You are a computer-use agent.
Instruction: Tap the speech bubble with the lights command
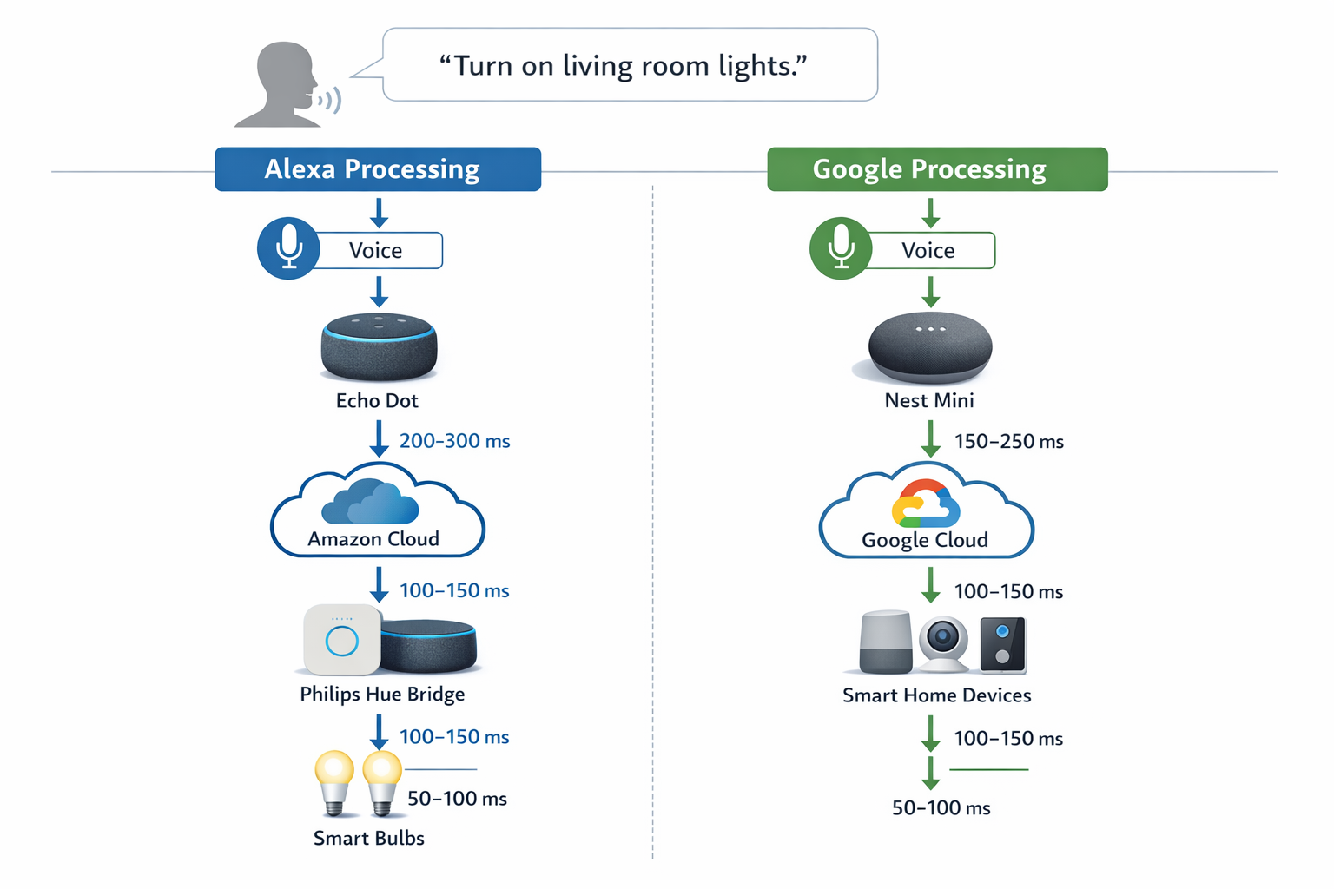[630, 65]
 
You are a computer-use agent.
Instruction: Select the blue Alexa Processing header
[378, 169]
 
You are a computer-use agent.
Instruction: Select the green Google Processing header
[936, 169]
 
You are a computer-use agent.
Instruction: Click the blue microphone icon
[288, 248]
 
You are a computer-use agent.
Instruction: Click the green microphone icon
[840, 248]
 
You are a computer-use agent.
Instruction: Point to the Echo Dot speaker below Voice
[379, 347]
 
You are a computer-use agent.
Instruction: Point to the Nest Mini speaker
[929, 347]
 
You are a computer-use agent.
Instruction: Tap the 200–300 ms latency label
[454, 441]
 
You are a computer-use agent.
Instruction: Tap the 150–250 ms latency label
[1008, 441]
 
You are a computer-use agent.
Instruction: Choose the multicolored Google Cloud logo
[925, 504]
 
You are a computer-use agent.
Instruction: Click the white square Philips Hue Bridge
[341, 641]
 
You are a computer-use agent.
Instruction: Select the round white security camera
[943, 643]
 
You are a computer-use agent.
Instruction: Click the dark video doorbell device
[1003, 644]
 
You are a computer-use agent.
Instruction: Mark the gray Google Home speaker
[885, 642]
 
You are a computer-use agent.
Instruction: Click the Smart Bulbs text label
[368, 838]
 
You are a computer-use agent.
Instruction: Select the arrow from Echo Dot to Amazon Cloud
[379, 439]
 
